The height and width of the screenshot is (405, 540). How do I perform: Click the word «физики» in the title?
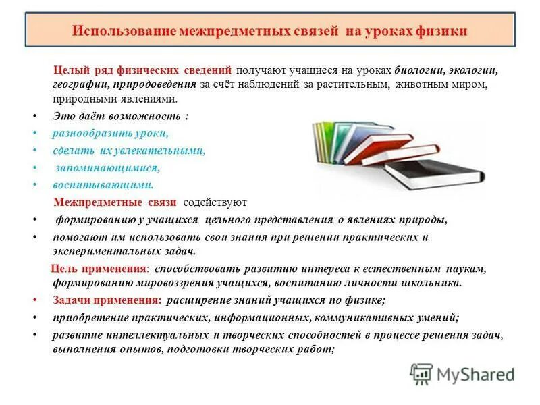pos(441,32)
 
